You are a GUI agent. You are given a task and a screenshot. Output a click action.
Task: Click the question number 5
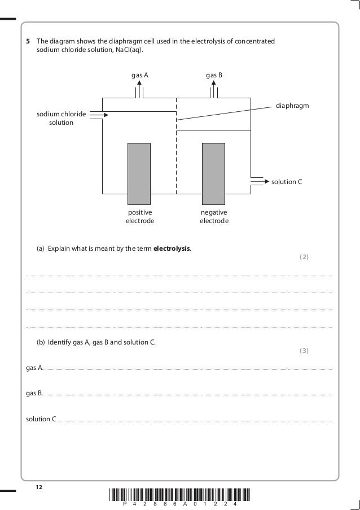point(28,41)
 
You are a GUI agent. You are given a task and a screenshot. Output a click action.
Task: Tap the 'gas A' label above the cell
point(140,75)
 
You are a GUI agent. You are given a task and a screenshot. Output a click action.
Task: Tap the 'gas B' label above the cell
point(214,75)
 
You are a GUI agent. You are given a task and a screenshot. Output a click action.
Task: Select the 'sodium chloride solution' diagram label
point(62,118)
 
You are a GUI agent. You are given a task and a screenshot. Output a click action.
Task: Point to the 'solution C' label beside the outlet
point(287,182)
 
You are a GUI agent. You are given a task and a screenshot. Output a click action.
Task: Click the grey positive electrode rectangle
point(139,173)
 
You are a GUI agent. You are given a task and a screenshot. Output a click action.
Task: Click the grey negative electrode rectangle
point(213,173)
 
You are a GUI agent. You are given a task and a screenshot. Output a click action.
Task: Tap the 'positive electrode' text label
point(139,216)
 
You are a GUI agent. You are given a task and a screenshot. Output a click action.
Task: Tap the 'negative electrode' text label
point(214,216)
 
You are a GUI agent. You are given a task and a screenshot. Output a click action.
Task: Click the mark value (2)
point(304,257)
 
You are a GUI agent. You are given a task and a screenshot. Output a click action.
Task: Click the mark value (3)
point(304,351)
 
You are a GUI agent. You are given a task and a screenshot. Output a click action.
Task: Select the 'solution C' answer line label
point(41,419)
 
